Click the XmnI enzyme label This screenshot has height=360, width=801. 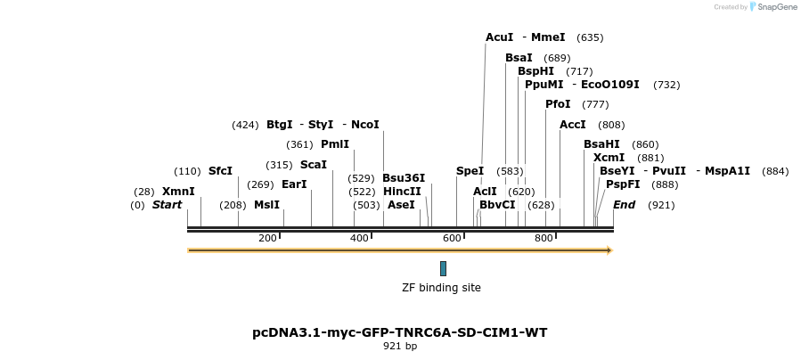[x=178, y=192]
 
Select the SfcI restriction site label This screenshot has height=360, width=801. [x=220, y=171]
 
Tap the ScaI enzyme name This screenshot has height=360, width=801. [x=314, y=165]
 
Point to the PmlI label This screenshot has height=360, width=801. [x=335, y=144]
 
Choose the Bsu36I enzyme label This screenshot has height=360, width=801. [x=404, y=177]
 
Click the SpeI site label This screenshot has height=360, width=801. [x=470, y=171]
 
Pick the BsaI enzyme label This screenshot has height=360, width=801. [x=519, y=58]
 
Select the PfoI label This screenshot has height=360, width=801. [x=558, y=104]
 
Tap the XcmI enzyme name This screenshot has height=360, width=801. [x=609, y=158]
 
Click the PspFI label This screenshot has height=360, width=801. [x=623, y=184]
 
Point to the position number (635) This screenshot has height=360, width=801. [x=590, y=37]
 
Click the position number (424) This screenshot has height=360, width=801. [x=245, y=125]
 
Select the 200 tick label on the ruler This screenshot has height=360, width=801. [x=267, y=238]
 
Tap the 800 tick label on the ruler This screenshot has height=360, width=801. [x=544, y=238]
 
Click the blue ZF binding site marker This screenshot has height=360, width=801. [x=443, y=268]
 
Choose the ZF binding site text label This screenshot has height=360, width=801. [x=441, y=288]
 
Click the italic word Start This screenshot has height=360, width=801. [x=167, y=205]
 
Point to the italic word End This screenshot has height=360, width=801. [x=624, y=205]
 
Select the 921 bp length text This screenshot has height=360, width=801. [x=400, y=346]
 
